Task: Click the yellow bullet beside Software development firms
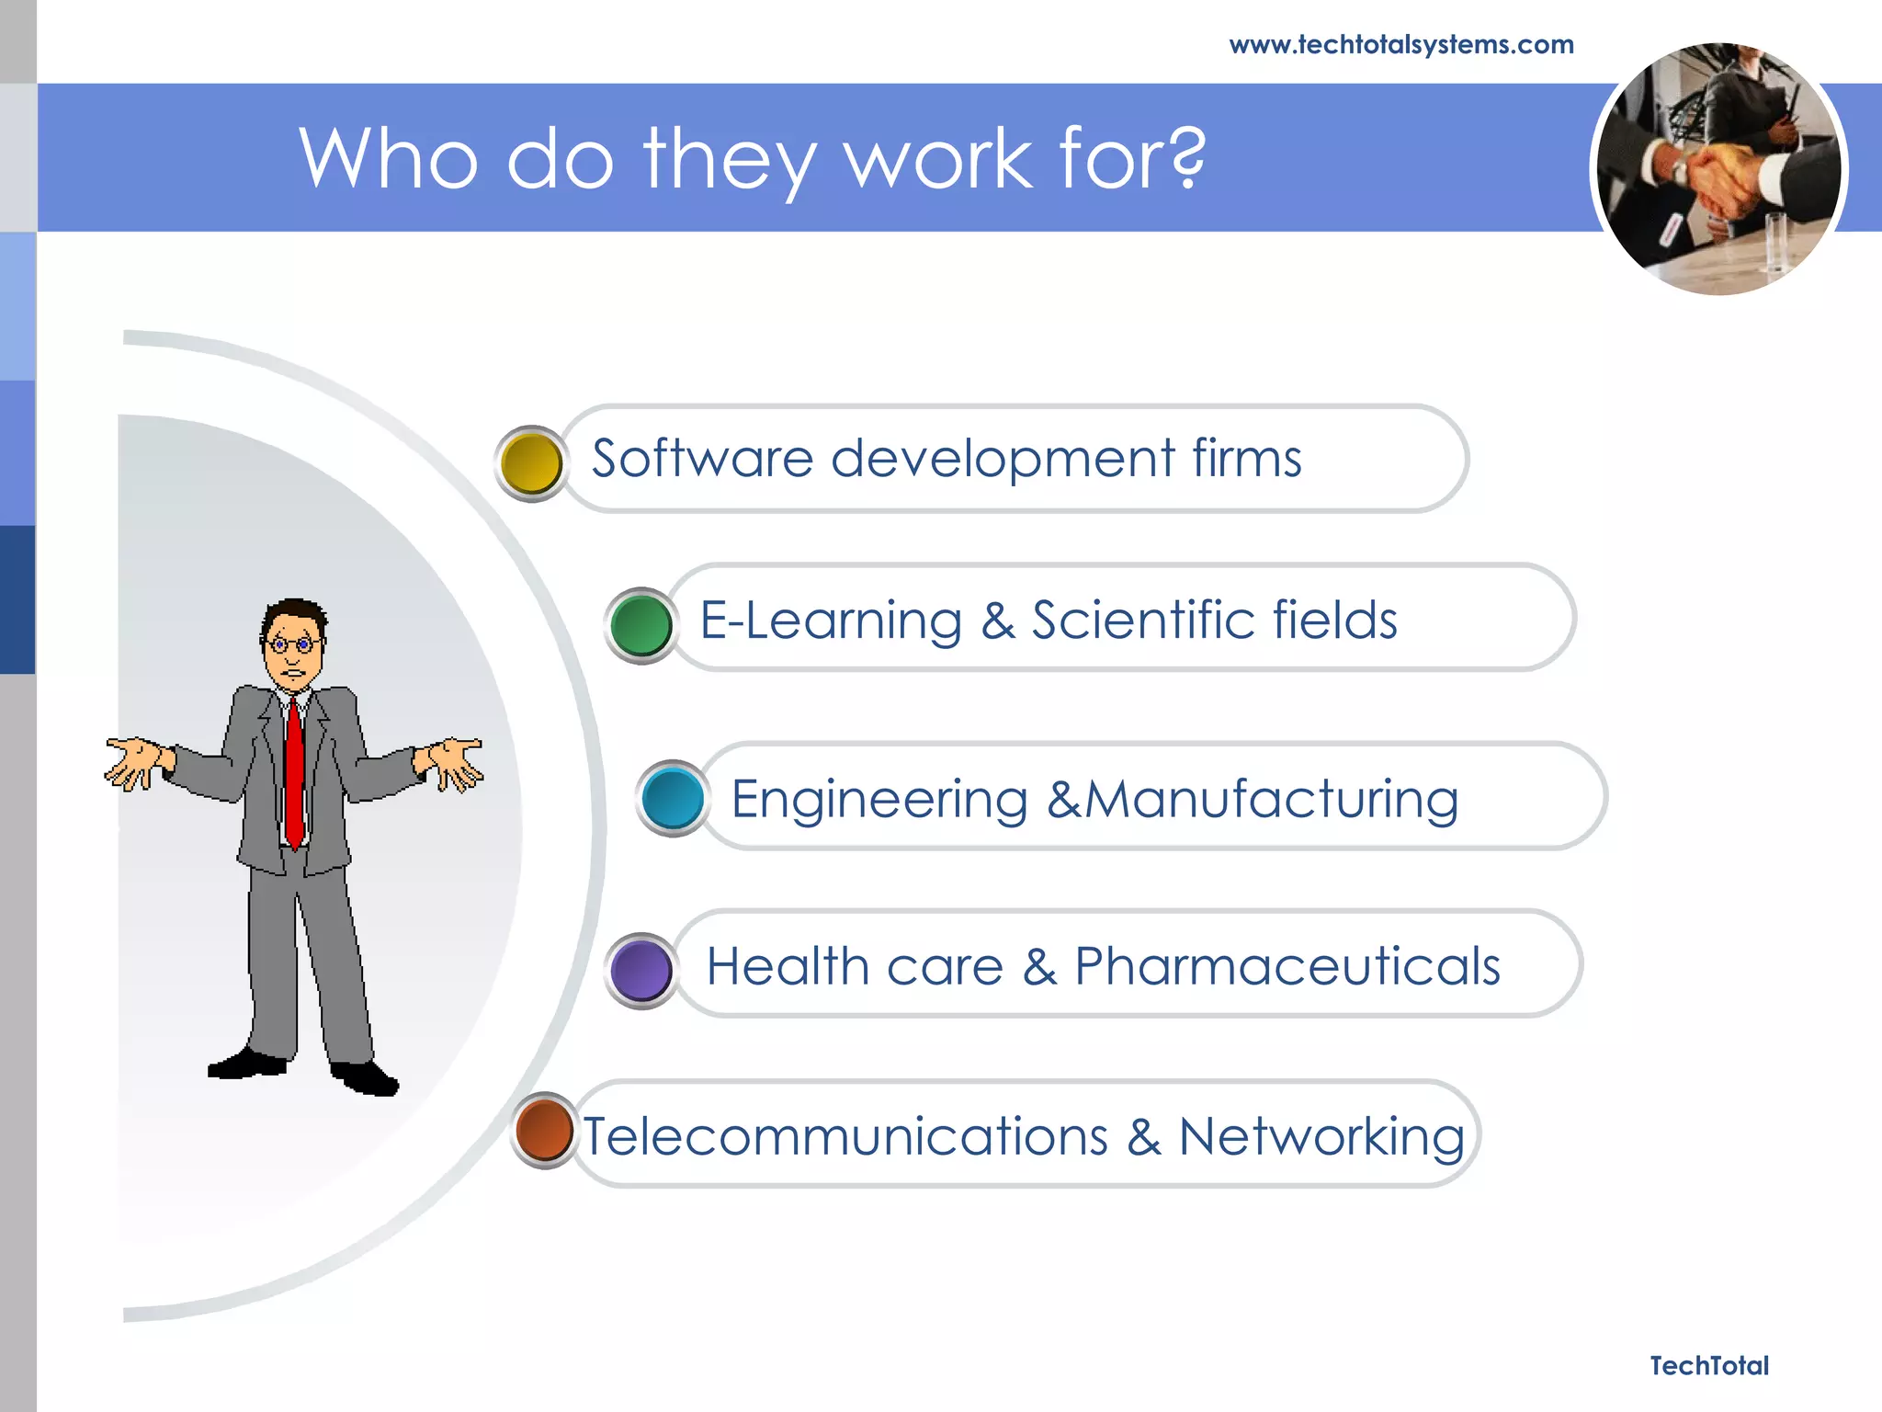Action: (531, 463)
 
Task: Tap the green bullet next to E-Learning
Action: (641, 625)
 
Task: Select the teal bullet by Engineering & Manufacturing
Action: (673, 798)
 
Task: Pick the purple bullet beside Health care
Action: (641, 971)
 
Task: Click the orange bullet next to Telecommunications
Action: (545, 1131)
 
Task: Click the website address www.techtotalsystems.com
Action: (1400, 44)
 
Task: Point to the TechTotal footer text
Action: (1708, 1366)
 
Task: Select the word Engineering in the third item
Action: (879, 799)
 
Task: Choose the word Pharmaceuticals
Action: (1287, 967)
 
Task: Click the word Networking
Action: (1321, 1138)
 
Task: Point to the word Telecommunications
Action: (845, 1137)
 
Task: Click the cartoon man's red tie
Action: (294, 772)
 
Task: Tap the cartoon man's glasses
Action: (292, 644)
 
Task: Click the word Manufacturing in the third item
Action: (1272, 799)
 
